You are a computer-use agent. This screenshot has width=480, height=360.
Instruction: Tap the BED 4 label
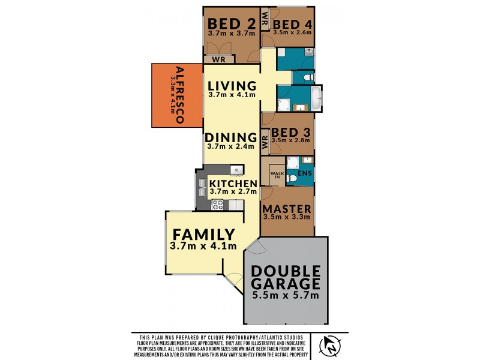pyautogui.click(x=292, y=23)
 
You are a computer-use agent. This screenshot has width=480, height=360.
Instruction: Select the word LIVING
pyautogui.click(x=232, y=85)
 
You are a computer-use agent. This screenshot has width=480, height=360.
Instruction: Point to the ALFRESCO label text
pyautogui.click(x=178, y=95)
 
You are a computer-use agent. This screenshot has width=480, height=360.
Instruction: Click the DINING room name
pyautogui.click(x=232, y=136)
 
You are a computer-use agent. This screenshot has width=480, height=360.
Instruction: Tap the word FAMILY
pyautogui.click(x=203, y=234)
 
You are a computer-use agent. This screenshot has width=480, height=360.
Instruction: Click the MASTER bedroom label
pyautogui.click(x=287, y=209)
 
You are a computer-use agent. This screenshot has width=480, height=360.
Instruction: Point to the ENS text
pyautogui.click(x=305, y=173)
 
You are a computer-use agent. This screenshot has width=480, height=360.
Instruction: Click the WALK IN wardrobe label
pyautogui.click(x=277, y=175)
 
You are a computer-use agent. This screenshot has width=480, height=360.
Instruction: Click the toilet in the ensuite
pyautogui.click(x=290, y=178)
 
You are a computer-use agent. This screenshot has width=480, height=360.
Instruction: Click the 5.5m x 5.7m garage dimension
pyautogui.click(x=286, y=295)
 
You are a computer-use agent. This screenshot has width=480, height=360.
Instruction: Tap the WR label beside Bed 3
pyautogui.click(x=265, y=142)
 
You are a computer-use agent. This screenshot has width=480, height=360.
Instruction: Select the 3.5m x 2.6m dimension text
pyautogui.click(x=292, y=33)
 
